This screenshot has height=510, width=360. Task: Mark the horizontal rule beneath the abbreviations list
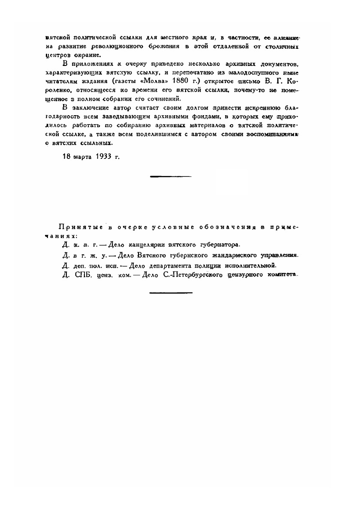click(x=171, y=293)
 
